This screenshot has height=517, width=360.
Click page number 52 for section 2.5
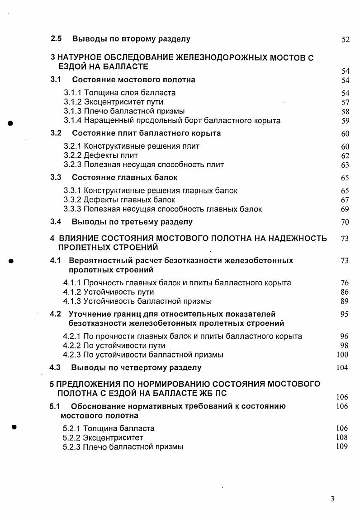[x=346, y=39]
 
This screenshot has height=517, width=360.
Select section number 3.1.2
[x=72, y=102]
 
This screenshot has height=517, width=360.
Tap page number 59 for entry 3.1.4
[x=346, y=121]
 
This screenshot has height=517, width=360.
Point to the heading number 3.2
[x=56, y=133]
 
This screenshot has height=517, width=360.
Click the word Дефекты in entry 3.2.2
[x=99, y=155]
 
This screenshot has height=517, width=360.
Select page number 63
[x=346, y=165]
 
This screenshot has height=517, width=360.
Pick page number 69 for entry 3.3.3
[x=346, y=209]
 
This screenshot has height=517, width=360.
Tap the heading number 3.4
[x=56, y=222]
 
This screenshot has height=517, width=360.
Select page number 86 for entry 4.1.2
[x=344, y=292]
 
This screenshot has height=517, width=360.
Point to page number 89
[x=344, y=301]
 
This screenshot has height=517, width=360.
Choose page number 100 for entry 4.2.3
[x=343, y=355]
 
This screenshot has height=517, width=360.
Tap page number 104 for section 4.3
[x=342, y=368]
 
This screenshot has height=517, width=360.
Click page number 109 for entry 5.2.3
[x=342, y=446]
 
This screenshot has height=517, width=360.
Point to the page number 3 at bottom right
[x=332, y=499]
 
